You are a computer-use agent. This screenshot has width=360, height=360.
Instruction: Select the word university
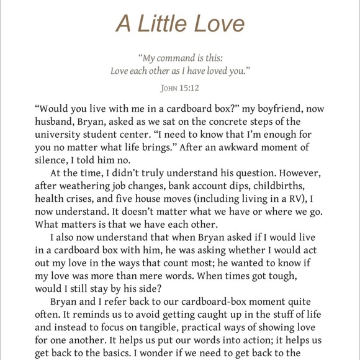coord(61,135)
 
